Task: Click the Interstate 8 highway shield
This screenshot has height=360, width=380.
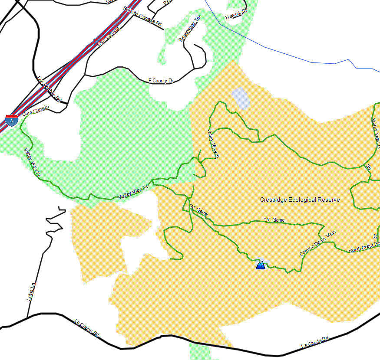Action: (12, 120)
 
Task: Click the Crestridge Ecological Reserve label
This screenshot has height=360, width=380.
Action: (300, 200)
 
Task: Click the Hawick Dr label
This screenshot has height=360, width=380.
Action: (236, 14)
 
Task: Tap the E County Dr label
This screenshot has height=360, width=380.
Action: (161, 81)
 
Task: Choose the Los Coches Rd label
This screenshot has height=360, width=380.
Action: (49, 89)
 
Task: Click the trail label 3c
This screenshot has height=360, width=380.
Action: (374, 237)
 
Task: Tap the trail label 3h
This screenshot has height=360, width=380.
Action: (368, 167)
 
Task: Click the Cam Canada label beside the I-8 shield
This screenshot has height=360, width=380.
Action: (36, 111)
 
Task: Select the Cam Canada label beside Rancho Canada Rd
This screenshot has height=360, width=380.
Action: (108, 38)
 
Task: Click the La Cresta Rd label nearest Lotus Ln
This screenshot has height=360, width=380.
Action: (87, 328)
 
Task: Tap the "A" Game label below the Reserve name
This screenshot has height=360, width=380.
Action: (274, 220)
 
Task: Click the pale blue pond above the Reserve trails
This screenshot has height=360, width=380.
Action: (240, 98)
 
